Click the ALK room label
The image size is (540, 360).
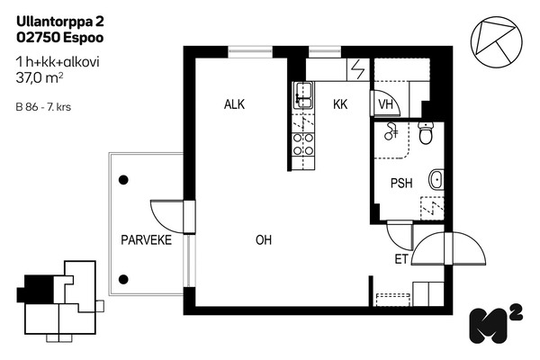click(x=234, y=104)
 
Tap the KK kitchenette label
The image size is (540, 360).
click(x=340, y=104)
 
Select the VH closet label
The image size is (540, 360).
click(x=385, y=104)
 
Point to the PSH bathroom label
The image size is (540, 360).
click(x=401, y=183)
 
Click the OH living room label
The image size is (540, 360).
click(x=264, y=239)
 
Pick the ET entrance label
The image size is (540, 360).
click(x=401, y=259)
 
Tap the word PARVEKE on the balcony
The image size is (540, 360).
click(x=147, y=239)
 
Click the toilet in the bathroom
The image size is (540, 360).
click(x=426, y=133)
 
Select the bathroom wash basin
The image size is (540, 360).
click(x=436, y=179)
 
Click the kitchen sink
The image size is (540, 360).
click(x=303, y=94)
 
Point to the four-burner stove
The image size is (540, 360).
click(x=303, y=144)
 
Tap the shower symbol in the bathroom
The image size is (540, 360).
click(x=391, y=131)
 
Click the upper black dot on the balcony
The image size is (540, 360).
click(x=123, y=180)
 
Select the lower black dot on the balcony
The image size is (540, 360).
click(x=123, y=279)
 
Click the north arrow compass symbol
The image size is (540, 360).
click(x=496, y=41)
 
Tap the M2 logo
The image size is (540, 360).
click(x=496, y=324)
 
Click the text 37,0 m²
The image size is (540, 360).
click(x=40, y=78)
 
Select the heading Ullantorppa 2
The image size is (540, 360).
click(x=60, y=22)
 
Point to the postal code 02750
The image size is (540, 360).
click(x=38, y=38)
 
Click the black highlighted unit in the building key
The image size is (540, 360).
click(x=36, y=289)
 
